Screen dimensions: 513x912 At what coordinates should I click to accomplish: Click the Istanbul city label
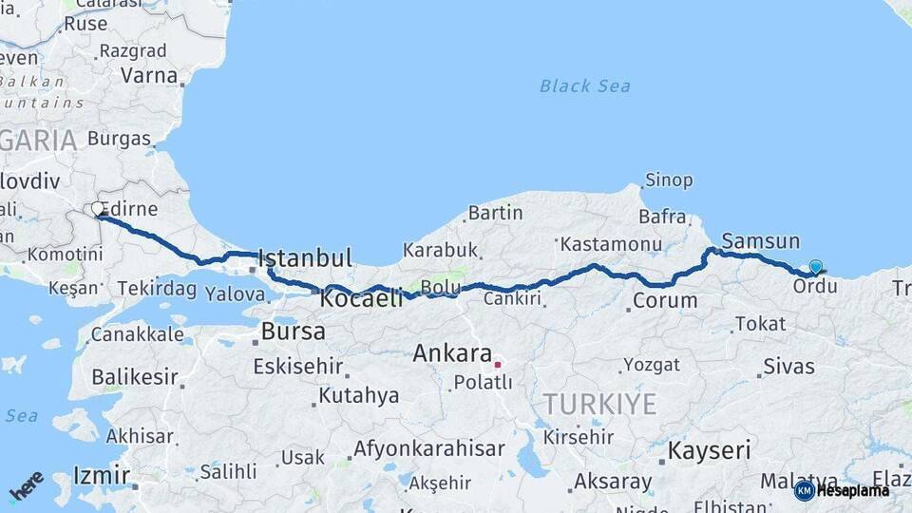point(305,257)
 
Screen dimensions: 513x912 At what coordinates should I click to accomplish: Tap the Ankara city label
point(452,354)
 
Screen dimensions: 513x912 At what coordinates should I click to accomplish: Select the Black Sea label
point(584,86)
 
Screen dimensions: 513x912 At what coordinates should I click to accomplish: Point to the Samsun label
point(760,241)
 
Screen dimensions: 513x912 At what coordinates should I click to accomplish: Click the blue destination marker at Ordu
point(815,267)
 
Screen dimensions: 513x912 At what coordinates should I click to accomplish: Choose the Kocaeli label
point(362,298)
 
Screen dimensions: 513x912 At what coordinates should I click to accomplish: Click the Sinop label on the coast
point(669,180)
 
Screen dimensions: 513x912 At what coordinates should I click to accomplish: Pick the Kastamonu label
point(611,245)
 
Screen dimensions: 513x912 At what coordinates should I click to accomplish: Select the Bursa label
point(293,332)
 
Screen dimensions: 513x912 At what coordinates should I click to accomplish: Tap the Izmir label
point(101,474)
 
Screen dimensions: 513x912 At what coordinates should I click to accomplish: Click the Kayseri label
point(709,449)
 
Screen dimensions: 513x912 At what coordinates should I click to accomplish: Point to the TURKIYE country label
point(598,405)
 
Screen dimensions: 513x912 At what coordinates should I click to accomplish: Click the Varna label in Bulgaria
point(149,76)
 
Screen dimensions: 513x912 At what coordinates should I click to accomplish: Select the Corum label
point(665,301)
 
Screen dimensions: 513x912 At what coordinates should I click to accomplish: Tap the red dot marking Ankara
point(497,364)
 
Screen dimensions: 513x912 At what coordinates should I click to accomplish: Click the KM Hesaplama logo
point(842,490)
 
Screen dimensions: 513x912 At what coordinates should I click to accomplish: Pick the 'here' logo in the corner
point(27,486)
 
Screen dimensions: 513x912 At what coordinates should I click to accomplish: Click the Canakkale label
point(138,335)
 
